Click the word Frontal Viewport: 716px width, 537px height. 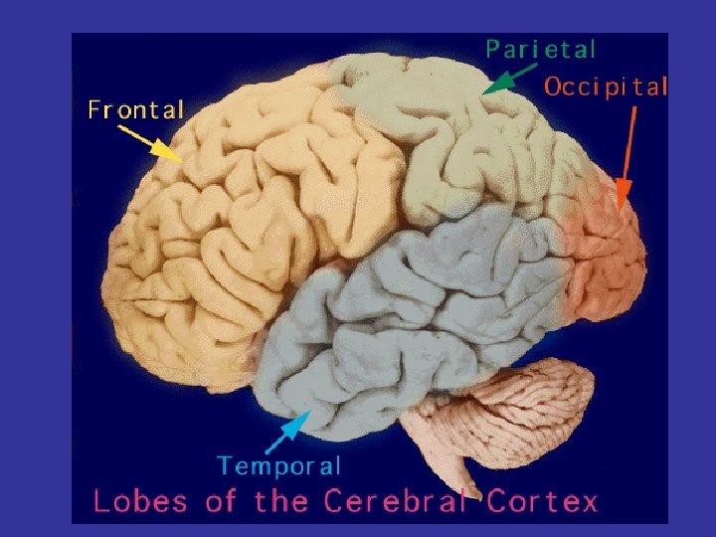[x=136, y=108]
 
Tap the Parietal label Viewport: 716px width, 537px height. [x=541, y=49]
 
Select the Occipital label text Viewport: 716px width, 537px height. [x=606, y=86]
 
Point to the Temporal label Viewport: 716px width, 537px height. [x=279, y=465]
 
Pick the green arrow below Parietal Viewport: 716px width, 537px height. [x=509, y=81]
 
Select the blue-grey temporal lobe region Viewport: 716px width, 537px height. [x=398, y=318]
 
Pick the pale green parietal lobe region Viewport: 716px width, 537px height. [x=447, y=129]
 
